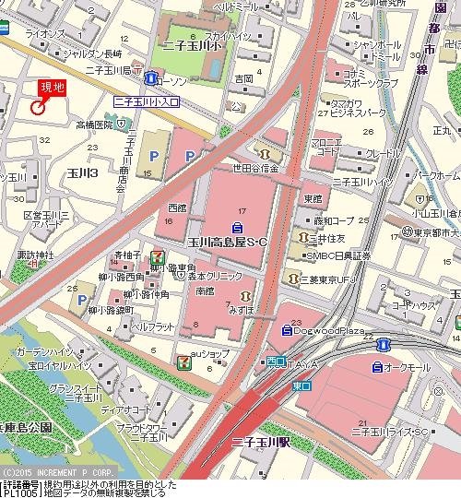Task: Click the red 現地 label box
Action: (x=51, y=89)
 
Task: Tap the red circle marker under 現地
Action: (x=38, y=107)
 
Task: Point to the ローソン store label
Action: (x=171, y=80)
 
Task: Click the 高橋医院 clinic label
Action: (x=93, y=124)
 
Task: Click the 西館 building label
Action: (x=175, y=208)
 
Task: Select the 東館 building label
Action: (x=313, y=198)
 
